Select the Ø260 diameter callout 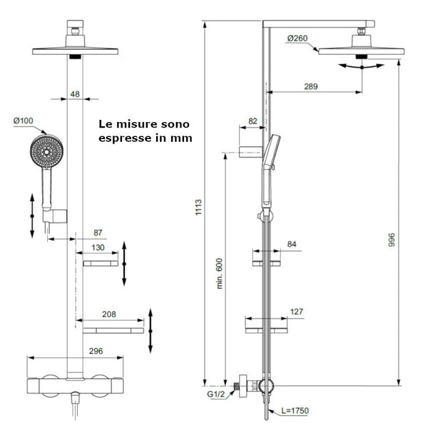click(297, 37)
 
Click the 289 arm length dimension click(310, 86)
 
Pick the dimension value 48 click(75, 93)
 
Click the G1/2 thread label click(216, 393)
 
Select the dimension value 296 click(77, 350)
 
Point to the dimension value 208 click(109, 314)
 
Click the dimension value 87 click(98, 233)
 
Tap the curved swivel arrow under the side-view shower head click(362, 66)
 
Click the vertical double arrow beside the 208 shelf click(151, 330)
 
